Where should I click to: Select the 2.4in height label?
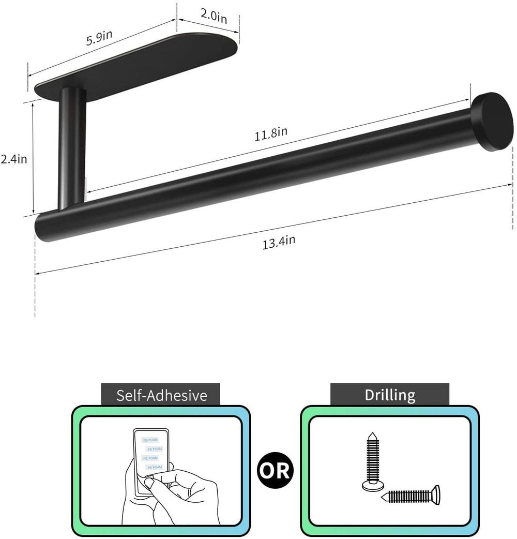14,159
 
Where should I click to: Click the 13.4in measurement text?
279,242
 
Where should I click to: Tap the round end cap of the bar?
491,122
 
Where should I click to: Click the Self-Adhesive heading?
161,396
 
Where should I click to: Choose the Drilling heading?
390,395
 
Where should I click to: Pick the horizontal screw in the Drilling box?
411,496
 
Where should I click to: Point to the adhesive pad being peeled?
151,458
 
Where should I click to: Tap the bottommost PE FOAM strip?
155,467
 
